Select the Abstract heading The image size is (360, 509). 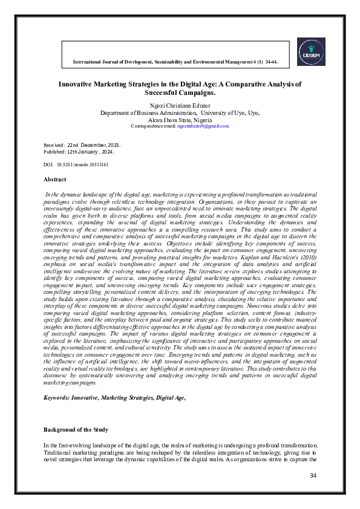55,180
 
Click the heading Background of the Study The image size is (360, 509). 76,429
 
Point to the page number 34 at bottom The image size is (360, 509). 313,476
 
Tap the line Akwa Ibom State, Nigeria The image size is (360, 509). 180,119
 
